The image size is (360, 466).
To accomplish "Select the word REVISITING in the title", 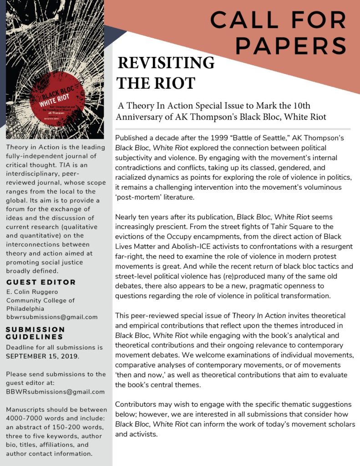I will (x=166, y=63).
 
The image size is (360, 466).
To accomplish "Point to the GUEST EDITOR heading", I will (x=41, y=282).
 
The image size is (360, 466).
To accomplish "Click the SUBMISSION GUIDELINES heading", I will (x=35, y=333).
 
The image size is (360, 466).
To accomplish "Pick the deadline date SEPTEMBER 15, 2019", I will (x=42, y=356).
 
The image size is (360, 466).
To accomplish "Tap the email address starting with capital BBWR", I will (x=55, y=391).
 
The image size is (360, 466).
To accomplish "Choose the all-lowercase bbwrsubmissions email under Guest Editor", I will (x=52, y=317).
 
